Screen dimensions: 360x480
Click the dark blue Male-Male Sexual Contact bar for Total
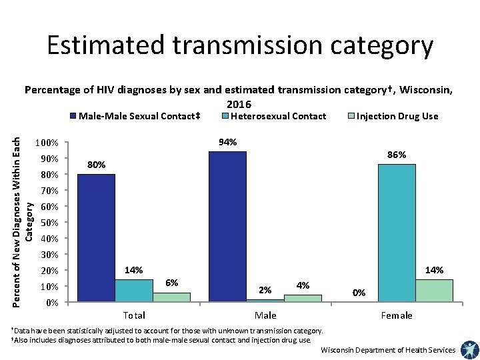tap(96, 238)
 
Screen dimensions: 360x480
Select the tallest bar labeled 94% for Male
tap(227, 227)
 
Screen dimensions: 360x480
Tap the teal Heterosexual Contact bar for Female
tap(396, 233)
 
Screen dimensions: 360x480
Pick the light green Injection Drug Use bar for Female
tap(433, 291)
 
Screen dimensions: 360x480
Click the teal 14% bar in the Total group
tap(133, 291)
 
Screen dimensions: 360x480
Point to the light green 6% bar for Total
tap(171, 297)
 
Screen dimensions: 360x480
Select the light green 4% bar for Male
tap(303, 299)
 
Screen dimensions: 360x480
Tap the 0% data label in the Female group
tap(359, 292)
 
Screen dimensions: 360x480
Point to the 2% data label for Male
tap(265, 290)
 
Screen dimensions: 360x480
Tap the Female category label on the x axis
tap(396, 315)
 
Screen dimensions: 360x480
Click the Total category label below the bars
tap(134, 315)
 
